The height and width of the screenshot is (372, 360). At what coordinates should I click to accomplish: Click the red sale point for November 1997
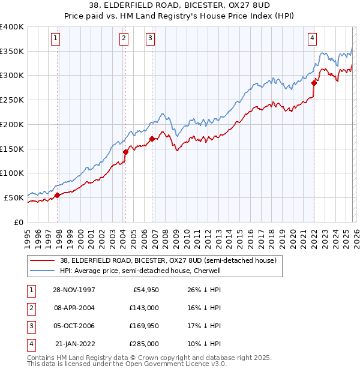(58, 195)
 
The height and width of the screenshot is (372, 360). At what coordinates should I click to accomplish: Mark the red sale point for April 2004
(125, 152)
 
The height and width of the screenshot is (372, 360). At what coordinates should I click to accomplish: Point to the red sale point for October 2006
(152, 139)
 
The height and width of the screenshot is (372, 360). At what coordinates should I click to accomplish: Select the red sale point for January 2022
(314, 83)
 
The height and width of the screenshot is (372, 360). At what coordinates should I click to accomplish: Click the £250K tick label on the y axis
(12, 100)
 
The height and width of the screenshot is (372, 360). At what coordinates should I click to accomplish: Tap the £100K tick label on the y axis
(12, 173)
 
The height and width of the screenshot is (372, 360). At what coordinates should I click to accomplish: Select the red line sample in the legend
(43, 261)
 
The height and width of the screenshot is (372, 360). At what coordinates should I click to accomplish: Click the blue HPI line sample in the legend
(43, 271)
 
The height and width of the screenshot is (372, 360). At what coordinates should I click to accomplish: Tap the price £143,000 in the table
(144, 307)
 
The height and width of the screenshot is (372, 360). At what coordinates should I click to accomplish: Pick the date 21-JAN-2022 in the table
(76, 344)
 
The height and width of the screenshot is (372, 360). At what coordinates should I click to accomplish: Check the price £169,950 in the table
(144, 326)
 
